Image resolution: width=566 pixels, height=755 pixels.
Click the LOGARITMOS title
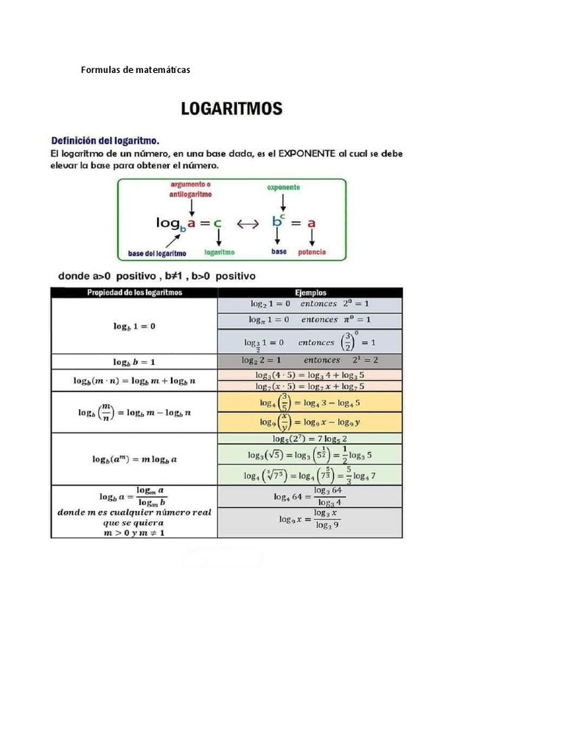232,109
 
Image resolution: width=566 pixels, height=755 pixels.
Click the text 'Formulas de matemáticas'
135,70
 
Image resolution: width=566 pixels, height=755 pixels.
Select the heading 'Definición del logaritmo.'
105,139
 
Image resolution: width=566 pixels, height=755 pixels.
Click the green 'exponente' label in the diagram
283,188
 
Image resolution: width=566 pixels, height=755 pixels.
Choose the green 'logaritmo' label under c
220,252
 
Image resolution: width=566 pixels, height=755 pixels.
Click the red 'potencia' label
312,252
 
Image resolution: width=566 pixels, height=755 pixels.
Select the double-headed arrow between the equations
247,221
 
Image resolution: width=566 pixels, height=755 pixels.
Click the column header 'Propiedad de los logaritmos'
134,293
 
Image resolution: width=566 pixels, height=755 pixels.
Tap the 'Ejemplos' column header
310,293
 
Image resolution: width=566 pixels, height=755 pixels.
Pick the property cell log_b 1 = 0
134,326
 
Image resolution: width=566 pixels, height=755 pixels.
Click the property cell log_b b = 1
134,362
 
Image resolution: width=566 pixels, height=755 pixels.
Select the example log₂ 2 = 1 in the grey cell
310,361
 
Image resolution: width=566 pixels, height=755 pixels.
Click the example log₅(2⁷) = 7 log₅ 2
310,439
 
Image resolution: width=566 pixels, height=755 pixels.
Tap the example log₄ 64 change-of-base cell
310,496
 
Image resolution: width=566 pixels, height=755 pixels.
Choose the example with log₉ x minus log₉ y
310,422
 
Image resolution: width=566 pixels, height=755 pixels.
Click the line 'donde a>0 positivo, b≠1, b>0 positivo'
157,276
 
